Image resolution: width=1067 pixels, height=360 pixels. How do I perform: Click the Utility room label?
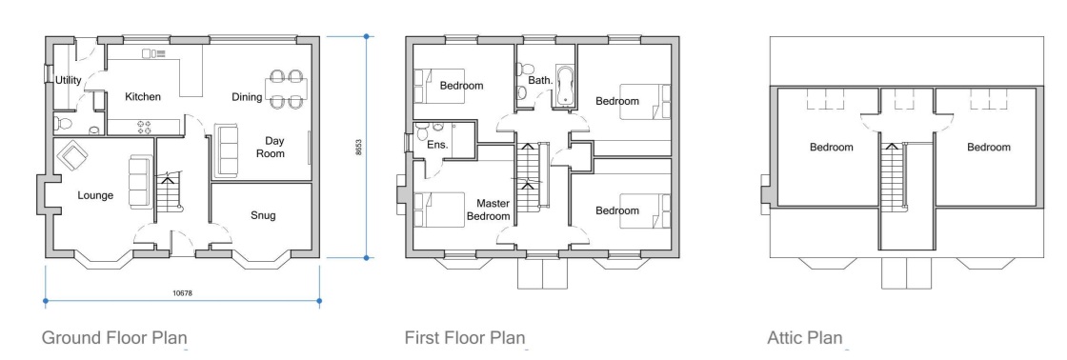point(69,80)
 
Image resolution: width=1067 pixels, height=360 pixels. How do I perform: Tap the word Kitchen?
point(143,96)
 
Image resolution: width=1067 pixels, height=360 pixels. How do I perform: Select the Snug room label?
point(263,215)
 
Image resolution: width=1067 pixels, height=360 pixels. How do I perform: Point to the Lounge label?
point(96,196)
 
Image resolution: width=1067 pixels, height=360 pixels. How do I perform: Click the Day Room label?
point(274,147)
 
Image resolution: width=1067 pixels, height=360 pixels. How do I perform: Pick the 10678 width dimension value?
point(182,294)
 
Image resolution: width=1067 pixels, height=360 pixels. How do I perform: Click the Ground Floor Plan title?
point(114,337)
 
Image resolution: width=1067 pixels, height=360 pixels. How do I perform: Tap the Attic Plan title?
point(805,337)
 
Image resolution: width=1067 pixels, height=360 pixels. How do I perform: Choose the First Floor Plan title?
point(465,337)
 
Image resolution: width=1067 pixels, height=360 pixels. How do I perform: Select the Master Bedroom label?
point(489,210)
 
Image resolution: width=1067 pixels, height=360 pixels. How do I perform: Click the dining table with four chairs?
point(286,89)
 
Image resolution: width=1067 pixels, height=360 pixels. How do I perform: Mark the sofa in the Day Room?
point(228,150)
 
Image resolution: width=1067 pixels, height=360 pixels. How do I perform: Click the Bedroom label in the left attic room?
point(832,147)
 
